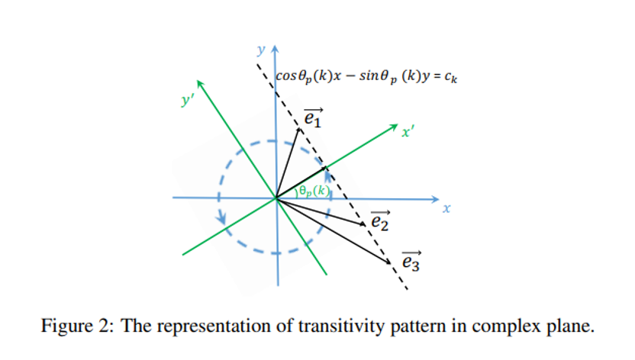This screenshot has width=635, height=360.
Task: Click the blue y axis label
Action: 261,50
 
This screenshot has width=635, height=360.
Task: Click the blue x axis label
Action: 447,207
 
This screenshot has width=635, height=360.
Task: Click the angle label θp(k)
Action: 312,191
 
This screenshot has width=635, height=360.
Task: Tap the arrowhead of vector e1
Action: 300,130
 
